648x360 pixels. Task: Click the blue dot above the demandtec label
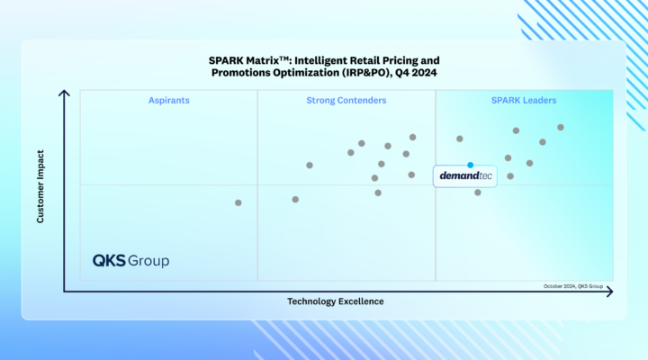[x=470, y=165]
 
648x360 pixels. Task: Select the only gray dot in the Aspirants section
[x=238, y=202]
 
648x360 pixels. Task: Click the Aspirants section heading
[x=169, y=101]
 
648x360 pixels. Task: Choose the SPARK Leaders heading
[x=524, y=101]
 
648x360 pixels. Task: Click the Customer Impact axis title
[x=40, y=187]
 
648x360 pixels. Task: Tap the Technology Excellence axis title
[x=336, y=301]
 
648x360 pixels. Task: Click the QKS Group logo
[x=131, y=261]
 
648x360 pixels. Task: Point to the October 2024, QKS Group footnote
[x=577, y=286]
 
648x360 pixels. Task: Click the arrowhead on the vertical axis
[x=64, y=93]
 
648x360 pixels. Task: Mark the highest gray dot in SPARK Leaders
[x=561, y=127]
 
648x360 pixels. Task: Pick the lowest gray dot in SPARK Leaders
[x=478, y=192]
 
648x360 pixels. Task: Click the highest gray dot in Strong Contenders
[x=413, y=137]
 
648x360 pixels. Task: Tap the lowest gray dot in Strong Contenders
[x=295, y=199]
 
